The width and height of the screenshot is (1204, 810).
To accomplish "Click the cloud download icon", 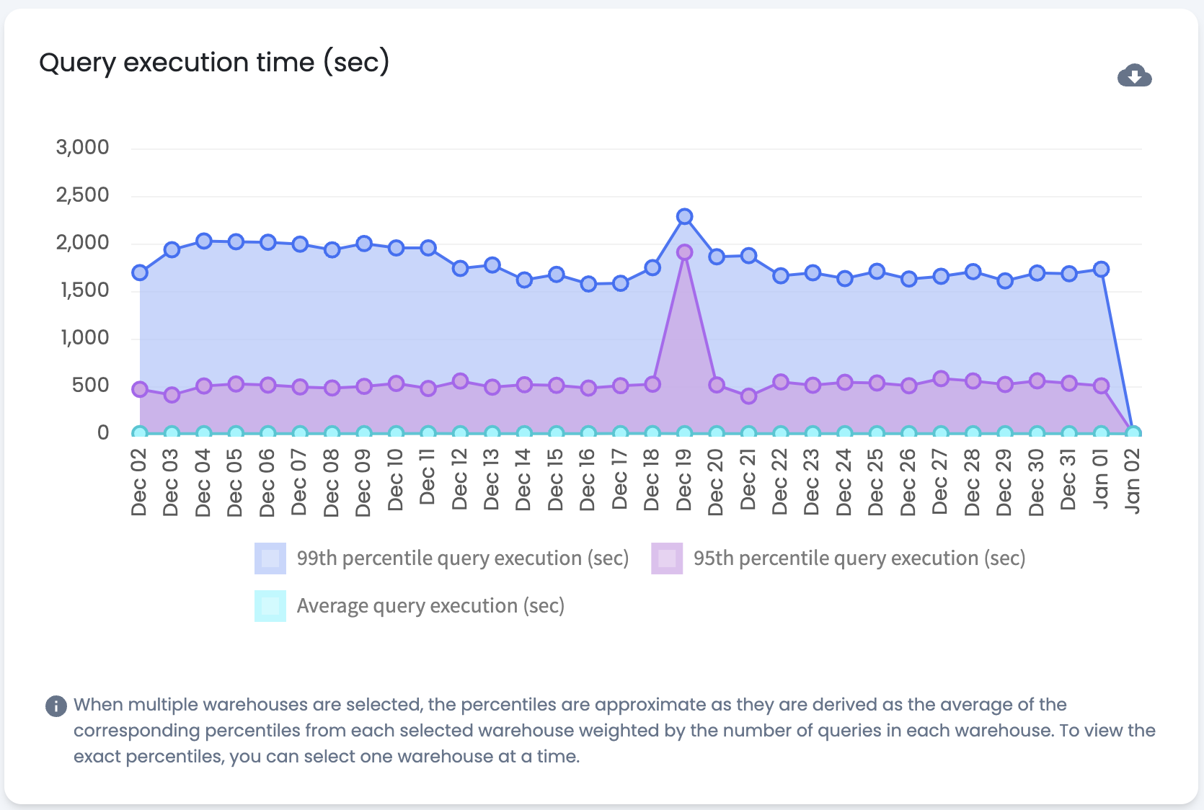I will [1134, 76].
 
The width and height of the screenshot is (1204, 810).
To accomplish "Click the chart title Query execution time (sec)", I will [214, 63].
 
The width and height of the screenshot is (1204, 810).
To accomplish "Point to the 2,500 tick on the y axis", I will [83, 195].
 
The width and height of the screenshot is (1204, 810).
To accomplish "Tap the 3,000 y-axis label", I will [83, 147].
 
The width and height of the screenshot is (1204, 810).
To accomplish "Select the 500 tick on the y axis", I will [90, 385].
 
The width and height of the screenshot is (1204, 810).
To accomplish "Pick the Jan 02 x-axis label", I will [1133, 481].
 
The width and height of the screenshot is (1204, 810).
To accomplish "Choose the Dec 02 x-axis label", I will [139, 482].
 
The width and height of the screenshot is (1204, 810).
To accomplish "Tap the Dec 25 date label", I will [876, 482].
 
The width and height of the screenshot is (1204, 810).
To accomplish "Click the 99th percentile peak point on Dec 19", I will [685, 216].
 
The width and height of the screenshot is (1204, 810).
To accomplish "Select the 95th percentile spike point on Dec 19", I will [685, 252].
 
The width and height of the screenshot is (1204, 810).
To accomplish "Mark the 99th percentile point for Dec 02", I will [140, 272].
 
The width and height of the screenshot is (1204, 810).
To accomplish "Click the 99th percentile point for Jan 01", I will [1101, 269].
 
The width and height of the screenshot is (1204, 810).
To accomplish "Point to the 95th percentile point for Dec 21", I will [748, 396].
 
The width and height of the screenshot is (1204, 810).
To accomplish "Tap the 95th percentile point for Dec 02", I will [140, 389].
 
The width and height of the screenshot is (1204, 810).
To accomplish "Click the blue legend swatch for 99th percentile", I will [270, 558].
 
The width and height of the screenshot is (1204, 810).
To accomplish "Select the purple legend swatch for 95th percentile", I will [667, 558].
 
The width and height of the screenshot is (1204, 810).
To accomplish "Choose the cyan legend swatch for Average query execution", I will [270, 606].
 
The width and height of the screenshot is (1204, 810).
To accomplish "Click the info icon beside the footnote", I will [56, 706].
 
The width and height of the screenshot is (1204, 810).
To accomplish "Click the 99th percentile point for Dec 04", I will [204, 241].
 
